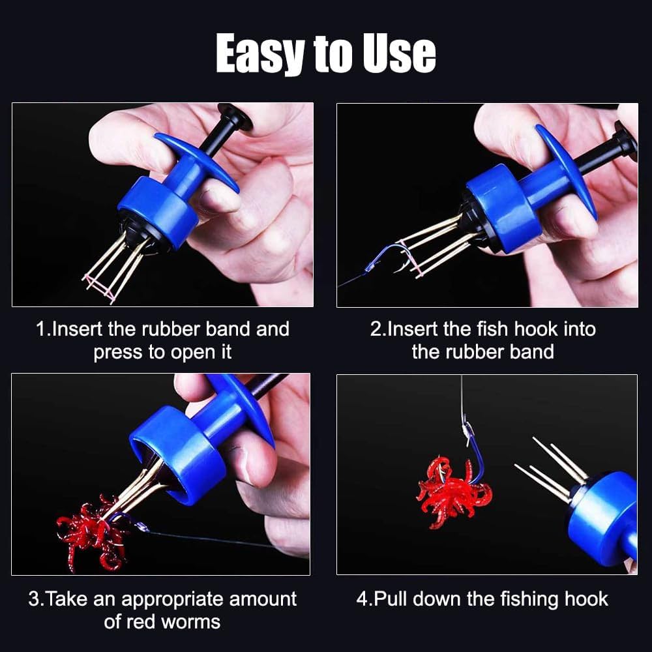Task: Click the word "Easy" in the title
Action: point(259,55)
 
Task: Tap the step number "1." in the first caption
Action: point(43,329)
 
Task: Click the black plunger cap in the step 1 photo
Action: point(234,117)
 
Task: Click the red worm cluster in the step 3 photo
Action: point(88,531)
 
